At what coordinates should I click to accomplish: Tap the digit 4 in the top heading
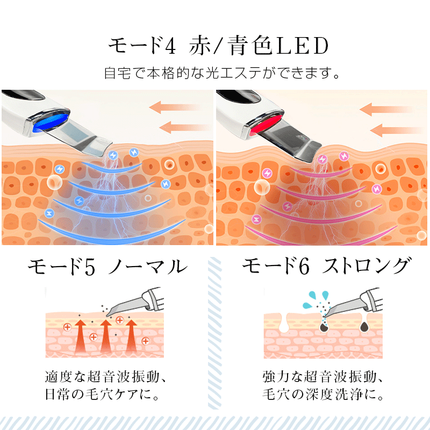(170, 47)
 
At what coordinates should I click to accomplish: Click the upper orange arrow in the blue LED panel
(175, 106)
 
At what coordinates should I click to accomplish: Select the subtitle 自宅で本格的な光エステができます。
(223, 73)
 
